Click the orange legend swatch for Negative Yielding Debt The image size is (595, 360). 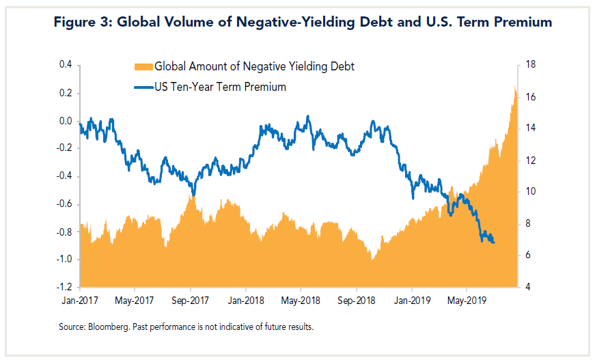(143, 66)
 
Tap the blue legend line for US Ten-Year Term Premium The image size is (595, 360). (143, 87)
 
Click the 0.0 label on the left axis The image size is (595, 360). (66, 121)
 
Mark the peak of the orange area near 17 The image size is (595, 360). (514, 85)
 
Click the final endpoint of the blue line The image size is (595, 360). (495, 243)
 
